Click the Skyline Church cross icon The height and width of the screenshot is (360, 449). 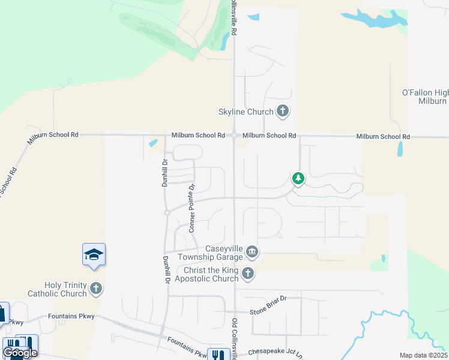(x=283, y=111)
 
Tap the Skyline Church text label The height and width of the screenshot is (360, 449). (x=246, y=112)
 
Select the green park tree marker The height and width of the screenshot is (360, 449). (x=298, y=178)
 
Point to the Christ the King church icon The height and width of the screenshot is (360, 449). (x=247, y=274)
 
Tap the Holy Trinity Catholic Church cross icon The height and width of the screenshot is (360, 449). (x=95, y=289)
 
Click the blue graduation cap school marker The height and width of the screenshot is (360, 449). (x=94, y=256)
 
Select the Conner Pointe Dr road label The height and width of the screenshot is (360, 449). (x=192, y=208)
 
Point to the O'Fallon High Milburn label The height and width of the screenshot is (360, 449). (x=424, y=97)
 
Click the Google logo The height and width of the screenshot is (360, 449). (x=20, y=352)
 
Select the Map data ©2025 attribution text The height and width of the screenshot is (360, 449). (x=423, y=355)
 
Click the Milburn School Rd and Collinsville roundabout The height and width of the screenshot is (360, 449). (x=234, y=136)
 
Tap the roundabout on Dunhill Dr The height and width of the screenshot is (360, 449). (x=167, y=212)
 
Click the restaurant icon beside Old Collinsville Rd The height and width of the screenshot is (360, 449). (x=215, y=354)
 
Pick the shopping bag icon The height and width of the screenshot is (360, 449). (x=2, y=313)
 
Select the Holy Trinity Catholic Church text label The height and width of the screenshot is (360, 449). (x=58, y=289)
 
